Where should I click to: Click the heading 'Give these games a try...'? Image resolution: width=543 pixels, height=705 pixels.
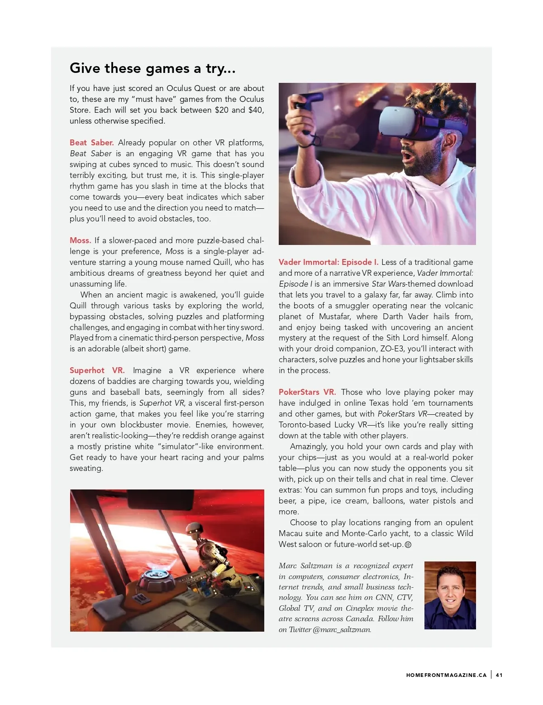(x=152, y=68)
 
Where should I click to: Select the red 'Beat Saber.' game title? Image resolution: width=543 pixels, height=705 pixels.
(x=92, y=143)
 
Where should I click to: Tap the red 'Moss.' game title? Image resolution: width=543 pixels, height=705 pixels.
(x=80, y=240)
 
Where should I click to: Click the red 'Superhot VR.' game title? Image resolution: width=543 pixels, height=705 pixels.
(x=97, y=370)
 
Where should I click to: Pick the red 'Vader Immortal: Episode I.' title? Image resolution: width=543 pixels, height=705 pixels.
(x=329, y=262)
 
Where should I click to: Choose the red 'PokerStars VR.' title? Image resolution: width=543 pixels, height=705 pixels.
(x=307, y=392)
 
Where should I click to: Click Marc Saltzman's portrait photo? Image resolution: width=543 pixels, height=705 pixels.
(x=450, y=595)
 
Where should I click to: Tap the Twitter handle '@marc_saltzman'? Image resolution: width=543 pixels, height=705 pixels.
(x=342, y=629)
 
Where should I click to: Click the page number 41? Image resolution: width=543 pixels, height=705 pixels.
(x=499, y=675)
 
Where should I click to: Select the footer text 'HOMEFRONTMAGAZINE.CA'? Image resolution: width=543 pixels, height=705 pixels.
(x=446, y=675)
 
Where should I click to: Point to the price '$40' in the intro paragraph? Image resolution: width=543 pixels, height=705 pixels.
(x=256, y=110)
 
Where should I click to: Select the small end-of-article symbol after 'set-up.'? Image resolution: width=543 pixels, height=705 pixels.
(x=408, y=545)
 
